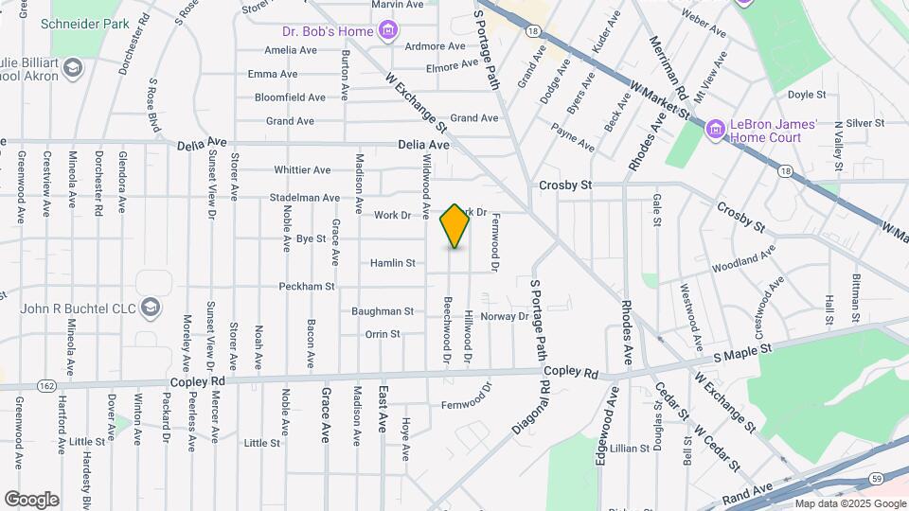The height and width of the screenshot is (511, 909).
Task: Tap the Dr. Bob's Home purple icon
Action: click(x=386, y=32)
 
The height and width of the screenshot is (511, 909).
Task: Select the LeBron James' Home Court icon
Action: click(x=716, y=127)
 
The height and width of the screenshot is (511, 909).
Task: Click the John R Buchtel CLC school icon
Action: click(x=150, y=308)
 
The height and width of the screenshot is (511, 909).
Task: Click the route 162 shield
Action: click(x=45, y=385)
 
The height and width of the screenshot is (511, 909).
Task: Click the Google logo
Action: click(x=31, y=500)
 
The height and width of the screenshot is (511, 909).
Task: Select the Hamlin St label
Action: click(x=393, y=263)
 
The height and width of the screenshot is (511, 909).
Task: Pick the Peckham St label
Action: click(x=307, y=286)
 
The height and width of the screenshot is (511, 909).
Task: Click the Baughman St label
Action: click(x=383, y=310)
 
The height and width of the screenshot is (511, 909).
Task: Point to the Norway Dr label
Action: click(x=504, y=316)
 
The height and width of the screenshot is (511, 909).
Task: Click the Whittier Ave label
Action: click(x=302, y=170)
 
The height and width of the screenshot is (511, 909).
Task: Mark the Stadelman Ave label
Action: click(x=305, y=198)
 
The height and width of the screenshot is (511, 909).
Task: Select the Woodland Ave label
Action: click(x=743, y=256)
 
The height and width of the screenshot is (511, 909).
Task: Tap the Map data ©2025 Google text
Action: click(x=849, y=503)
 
